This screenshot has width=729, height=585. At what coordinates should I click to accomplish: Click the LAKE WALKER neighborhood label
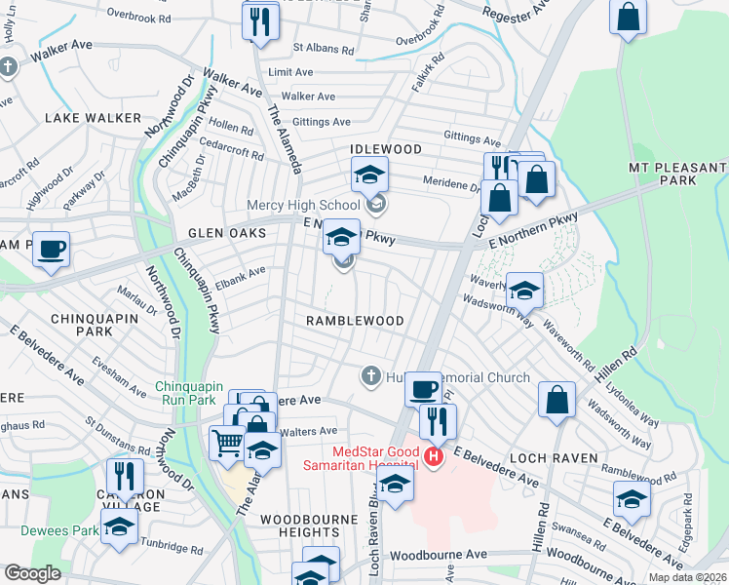(93, 118)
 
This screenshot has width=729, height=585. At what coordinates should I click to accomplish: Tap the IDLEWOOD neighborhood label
(387, 149)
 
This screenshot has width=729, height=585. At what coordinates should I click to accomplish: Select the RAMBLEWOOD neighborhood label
(354, 321)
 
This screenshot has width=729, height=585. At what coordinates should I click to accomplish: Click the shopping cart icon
(227, 442)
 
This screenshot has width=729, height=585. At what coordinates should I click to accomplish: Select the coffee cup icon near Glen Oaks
(52, 249)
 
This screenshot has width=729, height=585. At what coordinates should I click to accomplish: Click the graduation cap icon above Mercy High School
(369, 175)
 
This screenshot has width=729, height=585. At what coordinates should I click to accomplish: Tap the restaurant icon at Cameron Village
(125, 476)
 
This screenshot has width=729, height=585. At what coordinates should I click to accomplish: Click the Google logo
(33, 573)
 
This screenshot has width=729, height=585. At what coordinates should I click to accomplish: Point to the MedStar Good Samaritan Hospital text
(378, 461)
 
